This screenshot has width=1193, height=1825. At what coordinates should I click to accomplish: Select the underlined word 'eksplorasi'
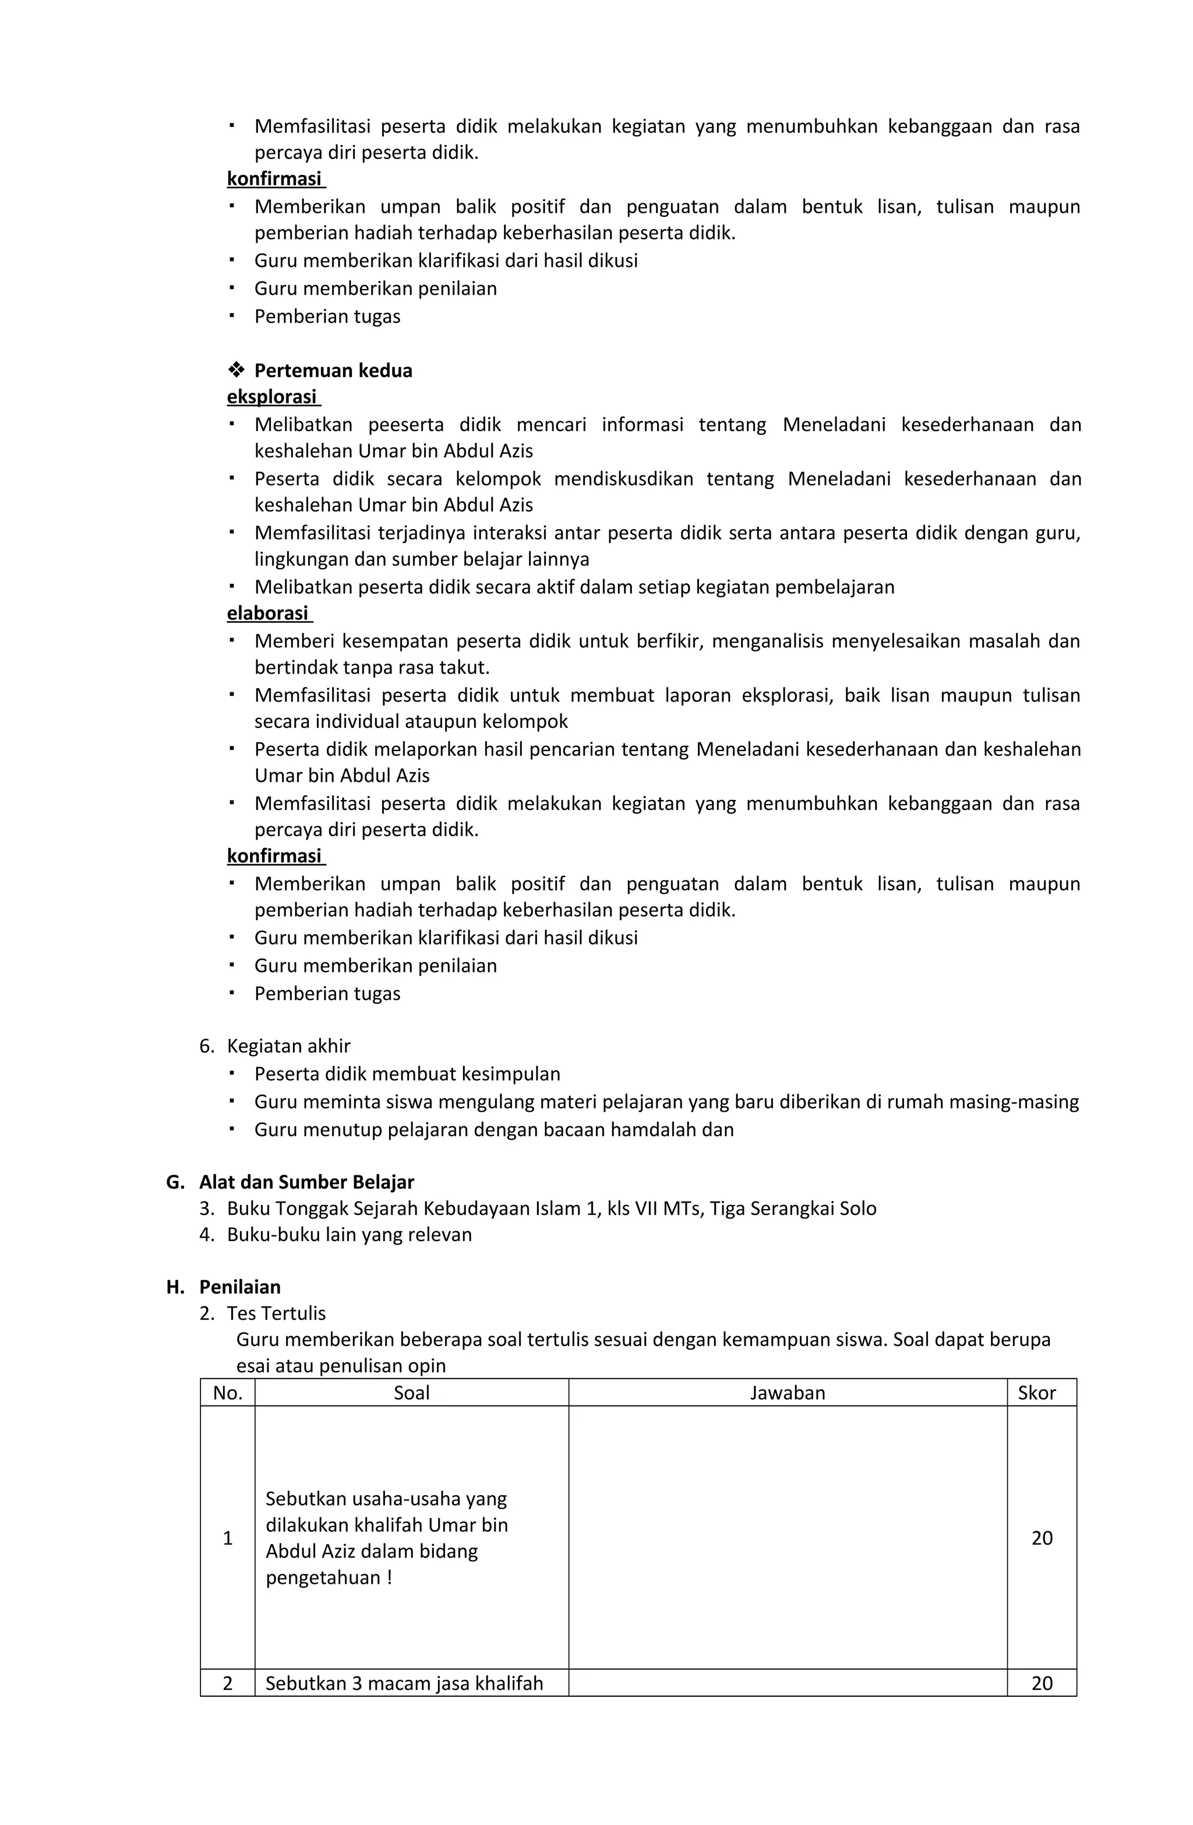pos(271,397)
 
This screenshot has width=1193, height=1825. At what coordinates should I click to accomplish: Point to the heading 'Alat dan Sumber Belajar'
pos(306,1182)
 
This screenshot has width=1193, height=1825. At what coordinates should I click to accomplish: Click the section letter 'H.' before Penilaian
pos(175,1287)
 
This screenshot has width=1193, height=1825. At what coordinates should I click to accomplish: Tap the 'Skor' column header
pos(1036,1393)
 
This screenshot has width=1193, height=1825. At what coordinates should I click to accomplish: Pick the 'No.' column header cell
pos(228,1393)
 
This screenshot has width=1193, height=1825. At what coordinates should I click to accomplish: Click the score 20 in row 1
pos(1041,1538)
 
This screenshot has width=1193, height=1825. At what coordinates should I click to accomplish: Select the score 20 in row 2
pos(1041,1683)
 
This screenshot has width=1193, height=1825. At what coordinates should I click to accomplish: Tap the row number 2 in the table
pos(228,1683)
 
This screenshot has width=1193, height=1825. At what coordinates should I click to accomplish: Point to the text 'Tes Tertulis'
pos(276,1313)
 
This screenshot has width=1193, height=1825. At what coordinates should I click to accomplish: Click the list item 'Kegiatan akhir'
pos(288,1046)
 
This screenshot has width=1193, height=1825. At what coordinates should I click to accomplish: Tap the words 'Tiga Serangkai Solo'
pos(793,1209)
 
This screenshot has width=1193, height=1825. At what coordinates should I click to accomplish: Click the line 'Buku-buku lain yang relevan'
pos(349,1235)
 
